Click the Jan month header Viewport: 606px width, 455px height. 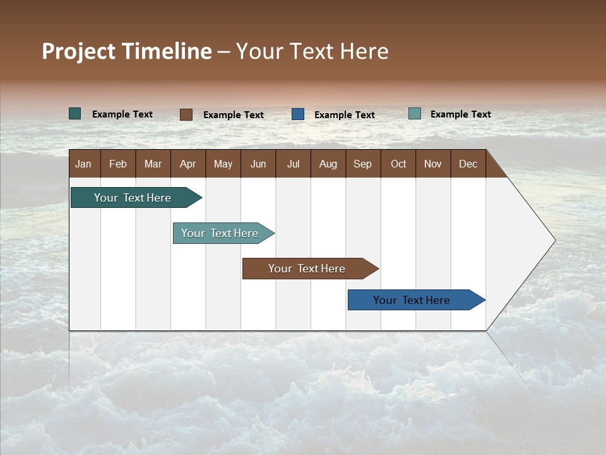(84, 164)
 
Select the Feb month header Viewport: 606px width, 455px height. (118, 164)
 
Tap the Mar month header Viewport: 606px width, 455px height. (153, 164)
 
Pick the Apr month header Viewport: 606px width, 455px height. (188, 164)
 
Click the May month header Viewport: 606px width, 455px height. (223, 164)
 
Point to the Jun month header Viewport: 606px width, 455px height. (258, 164)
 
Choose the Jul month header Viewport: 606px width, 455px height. (293, 164)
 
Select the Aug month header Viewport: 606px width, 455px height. (328, 164)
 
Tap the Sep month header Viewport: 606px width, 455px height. (363, 164)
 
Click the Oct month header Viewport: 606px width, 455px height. (398, 164)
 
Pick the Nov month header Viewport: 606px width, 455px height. (433, 164)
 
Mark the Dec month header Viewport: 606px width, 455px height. (468, 164)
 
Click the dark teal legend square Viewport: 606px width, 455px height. (75, 114)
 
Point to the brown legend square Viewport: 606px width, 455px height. (186, 114)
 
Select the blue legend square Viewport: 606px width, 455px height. (298, 114)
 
